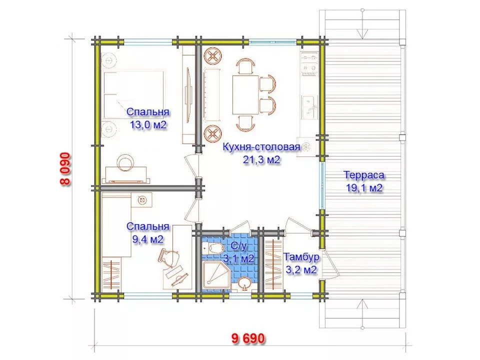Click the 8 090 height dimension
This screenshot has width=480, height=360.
click(x=65, y=169)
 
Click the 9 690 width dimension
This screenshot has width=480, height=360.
click(x=247, y=338)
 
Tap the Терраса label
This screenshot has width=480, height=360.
click(x=364, y=175)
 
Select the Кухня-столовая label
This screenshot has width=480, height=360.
click(x=261, y=147)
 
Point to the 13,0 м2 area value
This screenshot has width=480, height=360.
click(x=148, y=125)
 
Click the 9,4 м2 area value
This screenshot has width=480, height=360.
click(x=148, y=239)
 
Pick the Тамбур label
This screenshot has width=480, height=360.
click(x=301, y=256)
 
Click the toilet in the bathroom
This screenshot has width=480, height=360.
click(x=213, y=247)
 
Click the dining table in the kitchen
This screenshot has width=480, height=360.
click(x=246, y=95)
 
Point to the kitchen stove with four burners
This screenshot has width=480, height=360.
click(x=308, y=64)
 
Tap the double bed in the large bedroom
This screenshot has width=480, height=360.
click(x=133, y=95)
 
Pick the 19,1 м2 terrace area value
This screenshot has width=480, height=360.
click(x=364, y=188)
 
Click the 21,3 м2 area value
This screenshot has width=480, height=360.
click(x=261, y=159)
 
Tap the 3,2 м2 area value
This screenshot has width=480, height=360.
click(x=301, y=269)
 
